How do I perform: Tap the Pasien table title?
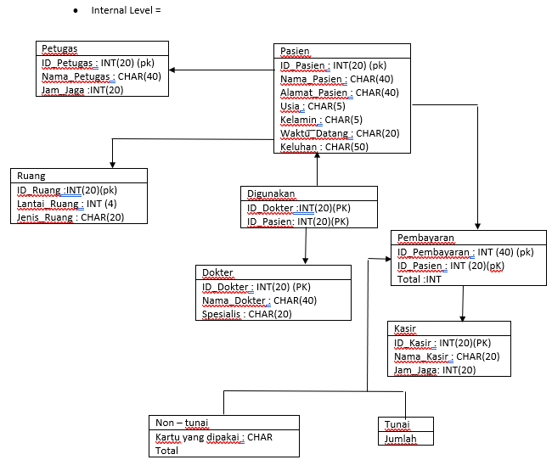(296, 52)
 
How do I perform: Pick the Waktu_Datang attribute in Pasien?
(340, 133)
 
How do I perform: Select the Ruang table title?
(31, 176)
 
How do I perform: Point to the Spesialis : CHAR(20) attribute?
(247, 314)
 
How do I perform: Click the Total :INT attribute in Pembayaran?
(420, 278)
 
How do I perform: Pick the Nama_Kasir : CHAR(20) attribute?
(445, 356)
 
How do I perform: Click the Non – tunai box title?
(182, 423)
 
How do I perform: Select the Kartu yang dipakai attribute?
(213, 437)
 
